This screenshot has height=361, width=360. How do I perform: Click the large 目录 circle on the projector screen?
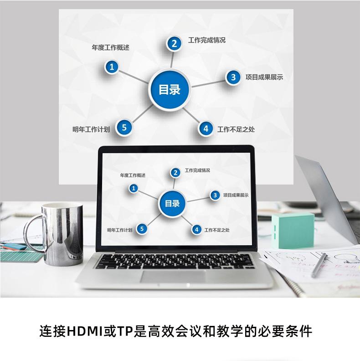170,89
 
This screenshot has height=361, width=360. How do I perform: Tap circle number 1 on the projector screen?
112,67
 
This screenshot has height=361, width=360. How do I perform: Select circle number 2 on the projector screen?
174,43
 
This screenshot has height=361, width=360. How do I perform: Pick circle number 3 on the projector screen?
233,77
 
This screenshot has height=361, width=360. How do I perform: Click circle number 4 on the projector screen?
206,129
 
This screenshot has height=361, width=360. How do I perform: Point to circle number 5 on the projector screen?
124,127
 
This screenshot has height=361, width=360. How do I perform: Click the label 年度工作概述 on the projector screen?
111,47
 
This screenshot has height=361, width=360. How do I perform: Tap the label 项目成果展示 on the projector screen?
264,77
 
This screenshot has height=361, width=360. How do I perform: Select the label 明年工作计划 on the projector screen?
91,129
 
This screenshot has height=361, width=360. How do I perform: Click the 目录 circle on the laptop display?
172,203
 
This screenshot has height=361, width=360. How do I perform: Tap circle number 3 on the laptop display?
215,195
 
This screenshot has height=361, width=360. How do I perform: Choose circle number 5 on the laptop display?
142,229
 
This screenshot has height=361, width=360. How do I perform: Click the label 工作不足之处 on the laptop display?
217,230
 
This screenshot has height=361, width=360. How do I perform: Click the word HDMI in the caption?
85,330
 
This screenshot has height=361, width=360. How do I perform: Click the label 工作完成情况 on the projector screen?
206,40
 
